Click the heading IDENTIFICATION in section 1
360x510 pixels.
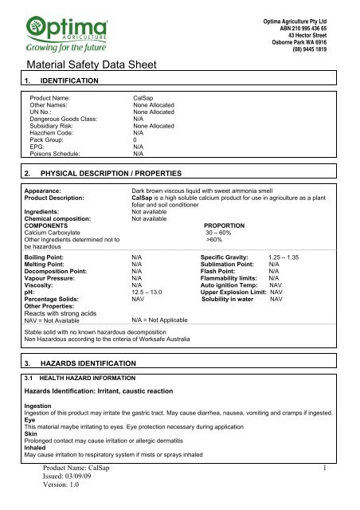[65, 82]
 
